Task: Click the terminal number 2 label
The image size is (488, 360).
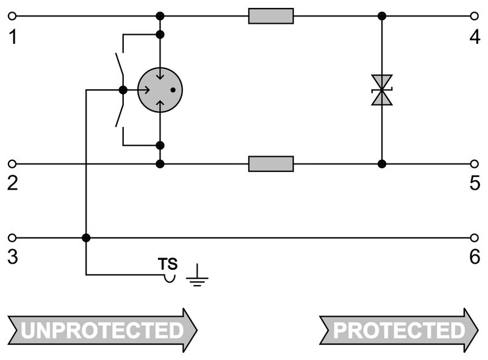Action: pyautogui.click(x=13, y=184)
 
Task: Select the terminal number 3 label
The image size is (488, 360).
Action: pyautogui.click(x=13, y=257)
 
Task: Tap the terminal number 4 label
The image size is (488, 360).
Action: pyautogui.click(x=475, y=38)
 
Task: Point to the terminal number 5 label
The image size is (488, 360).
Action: pyautogui.click(x=475, y=184)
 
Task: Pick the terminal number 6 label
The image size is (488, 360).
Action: pyautogui.click(x=475, y=257)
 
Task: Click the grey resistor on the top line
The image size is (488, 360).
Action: pyautogui.click(x=271, y=16)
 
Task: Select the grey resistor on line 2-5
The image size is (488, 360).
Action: pyautogui.click(x=271, y=164)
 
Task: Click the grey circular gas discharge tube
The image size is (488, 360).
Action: pyautogui.click(x=160, y=90)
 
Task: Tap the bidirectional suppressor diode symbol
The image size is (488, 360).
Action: pyautogui.click(x=382, y=90)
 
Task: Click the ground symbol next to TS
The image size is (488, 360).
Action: pyautogui.click(x=196, y=277)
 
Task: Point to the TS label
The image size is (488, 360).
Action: pyautogui.click(x=168, y=264)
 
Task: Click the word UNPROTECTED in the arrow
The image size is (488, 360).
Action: pyautogui.click(x=102, y=330)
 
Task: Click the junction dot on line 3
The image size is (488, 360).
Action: pyautogui.click(x=86, y=237)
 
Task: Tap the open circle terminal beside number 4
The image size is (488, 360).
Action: pyautogui.click(x=475, y=16)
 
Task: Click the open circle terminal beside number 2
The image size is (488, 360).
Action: pyautogui.click(x=13, y=164)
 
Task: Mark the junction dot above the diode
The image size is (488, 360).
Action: pyautogui.click(x=382, y=16)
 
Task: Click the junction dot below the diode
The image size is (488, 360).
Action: pyautogui.click(x=382, y=164)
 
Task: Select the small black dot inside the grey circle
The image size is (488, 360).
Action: pyautogui.click(x=173, y=90)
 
